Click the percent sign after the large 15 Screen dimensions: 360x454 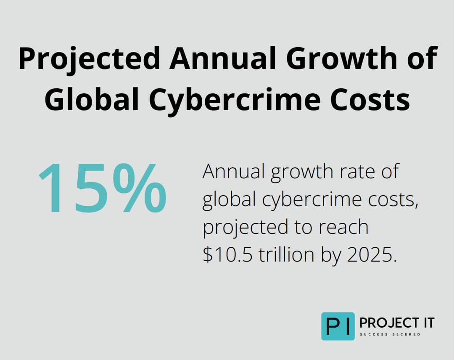pyautogui.click(x=140, y=188)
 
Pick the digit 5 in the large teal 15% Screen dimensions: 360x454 pyautogui.click(x=90, y=188)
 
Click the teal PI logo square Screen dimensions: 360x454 pyautogui.click(x=338, y=326)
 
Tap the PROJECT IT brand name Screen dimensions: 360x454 pyautogui.click(x=397, y=323)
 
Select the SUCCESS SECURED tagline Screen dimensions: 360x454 pyautogui.click(x=390, y=335)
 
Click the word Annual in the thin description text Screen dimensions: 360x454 pyautogui.click(x=233, y=173)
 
